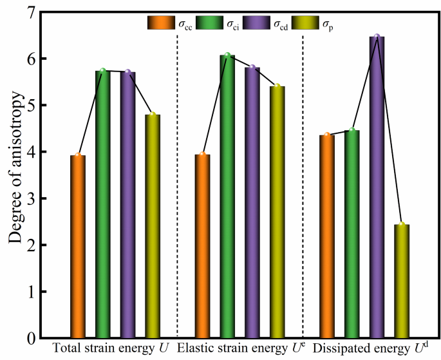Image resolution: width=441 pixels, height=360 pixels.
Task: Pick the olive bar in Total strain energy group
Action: click(x=153, y=226)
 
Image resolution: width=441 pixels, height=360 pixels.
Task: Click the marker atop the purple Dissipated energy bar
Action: click(x=377, y=36)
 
